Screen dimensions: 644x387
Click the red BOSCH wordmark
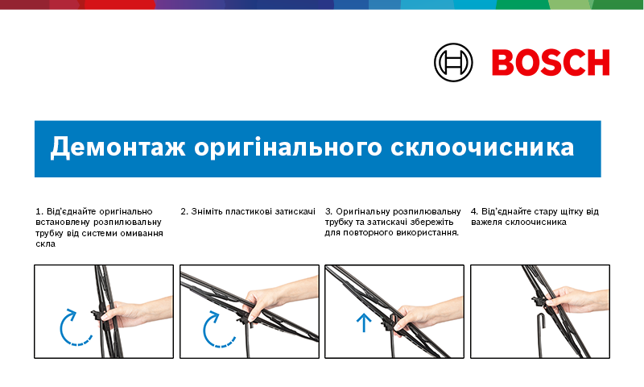(x=551, y=63)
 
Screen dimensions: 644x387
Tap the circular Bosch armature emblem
(x=453, y=63)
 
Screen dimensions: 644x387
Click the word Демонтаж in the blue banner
(x=118, y=147)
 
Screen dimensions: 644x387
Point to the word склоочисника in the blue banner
(x=482, y=148)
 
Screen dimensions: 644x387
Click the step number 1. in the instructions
(x=39, y=211)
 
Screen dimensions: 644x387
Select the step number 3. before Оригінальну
(x=328, y=211)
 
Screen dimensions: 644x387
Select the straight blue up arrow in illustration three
(x=364, y=322)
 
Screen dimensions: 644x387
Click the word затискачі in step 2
(x=295, y=211)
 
